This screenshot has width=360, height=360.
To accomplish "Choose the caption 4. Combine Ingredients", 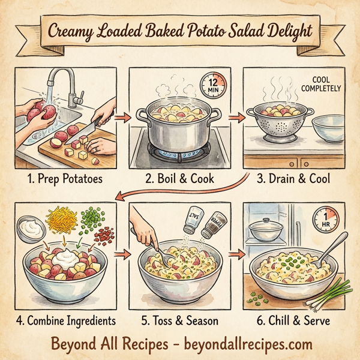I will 66,320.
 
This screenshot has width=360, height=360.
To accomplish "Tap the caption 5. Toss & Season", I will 180,320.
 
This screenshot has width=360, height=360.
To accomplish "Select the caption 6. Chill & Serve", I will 294,320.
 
